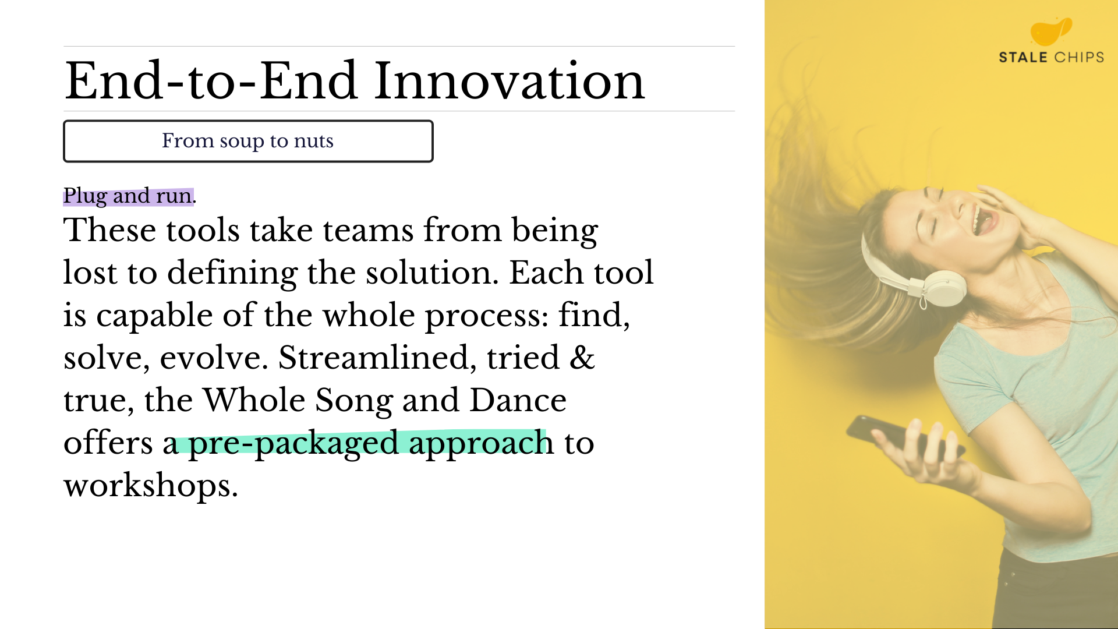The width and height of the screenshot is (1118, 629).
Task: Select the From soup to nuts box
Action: (248, 141)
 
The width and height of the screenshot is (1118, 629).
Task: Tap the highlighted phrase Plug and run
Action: (129, 196)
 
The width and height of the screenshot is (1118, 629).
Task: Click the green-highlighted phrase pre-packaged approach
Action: (371, 443)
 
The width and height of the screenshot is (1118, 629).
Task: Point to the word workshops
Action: (150, 485)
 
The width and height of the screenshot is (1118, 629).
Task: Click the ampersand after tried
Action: (582, 357)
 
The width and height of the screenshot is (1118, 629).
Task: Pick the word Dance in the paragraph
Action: (518, 400)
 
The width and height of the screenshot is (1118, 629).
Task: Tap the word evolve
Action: (214, 358)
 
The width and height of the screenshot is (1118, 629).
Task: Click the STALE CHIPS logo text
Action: (1051, 57)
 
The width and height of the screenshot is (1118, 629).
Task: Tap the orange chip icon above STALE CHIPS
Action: (1051, 31)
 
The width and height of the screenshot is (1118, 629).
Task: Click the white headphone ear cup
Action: (943, 288)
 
